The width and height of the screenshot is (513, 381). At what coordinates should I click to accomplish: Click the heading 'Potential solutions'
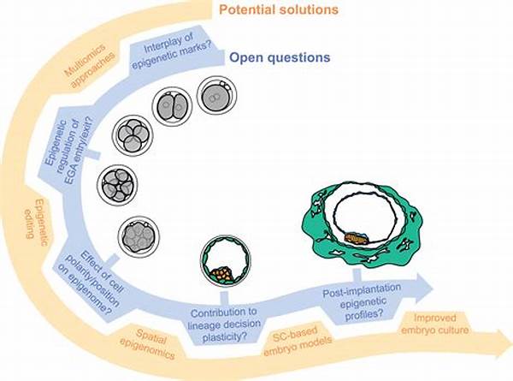tap(279, 9)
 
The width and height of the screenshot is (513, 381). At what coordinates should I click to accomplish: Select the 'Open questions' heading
tap(280, 57)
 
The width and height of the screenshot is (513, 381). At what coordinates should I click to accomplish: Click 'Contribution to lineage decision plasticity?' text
tap(225, 324)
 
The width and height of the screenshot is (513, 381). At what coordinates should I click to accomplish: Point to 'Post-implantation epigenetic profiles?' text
tap(362, 301)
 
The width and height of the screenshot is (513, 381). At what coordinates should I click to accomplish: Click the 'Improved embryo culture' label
tap(434, 324)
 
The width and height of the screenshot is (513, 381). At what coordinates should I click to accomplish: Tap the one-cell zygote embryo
tap(216, 96)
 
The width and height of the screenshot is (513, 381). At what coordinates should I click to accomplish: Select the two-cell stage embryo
tap(172, 106)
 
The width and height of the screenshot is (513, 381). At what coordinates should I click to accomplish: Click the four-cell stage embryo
tap(133, 135)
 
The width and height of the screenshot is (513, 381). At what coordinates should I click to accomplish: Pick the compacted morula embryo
tap(139, 237)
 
